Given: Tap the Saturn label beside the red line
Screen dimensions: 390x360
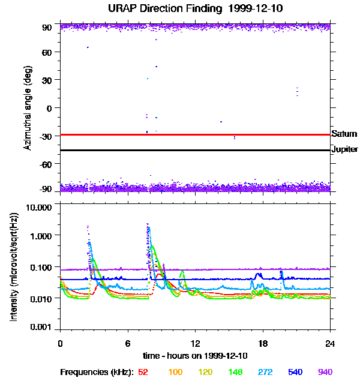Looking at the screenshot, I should (344, 134).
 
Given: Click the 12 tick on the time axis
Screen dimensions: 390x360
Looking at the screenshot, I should (195, 344).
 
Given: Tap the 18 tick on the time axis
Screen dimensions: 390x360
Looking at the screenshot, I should (263, 344).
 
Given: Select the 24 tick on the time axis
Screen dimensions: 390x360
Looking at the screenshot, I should (331, 344).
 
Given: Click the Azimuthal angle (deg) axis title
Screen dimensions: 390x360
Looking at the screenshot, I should (27, 108).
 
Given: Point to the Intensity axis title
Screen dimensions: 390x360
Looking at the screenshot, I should (13, 267).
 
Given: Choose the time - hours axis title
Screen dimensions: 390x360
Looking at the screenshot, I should (195, 356).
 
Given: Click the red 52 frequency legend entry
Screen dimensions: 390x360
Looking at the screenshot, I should (143, 373).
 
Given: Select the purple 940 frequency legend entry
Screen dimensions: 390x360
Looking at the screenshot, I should (325, 373).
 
